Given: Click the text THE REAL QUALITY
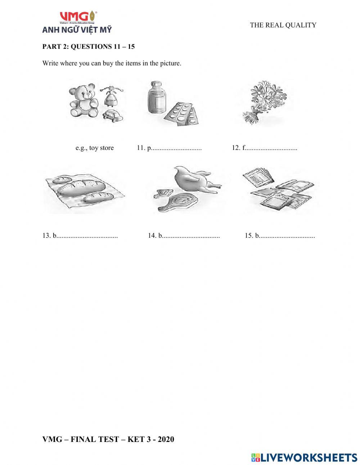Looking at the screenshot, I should click(283, 25).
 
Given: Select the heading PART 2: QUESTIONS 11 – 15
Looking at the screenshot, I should click(89, 46).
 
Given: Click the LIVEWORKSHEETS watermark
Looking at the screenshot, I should click(304, 457).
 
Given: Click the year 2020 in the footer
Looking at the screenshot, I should click(166, 439).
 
